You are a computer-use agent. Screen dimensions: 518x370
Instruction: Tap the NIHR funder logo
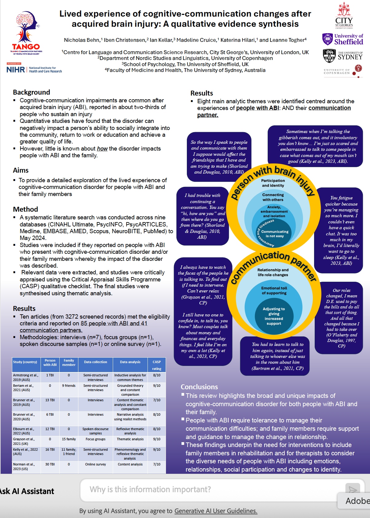pyautogui.click(x=34, y=69)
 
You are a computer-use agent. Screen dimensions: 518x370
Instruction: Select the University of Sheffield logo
pyautogui.click(x=343, y=39)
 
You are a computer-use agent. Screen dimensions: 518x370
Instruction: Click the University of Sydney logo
pyautogui.click(x=343, y=56)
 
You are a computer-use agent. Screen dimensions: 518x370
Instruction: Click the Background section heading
pyautogui.click(x=31, y=92)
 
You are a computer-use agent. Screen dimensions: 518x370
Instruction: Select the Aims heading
pyautogui.click(x=21, y=170)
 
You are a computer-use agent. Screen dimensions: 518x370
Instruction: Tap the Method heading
pyautogui.click(x=26, y=209)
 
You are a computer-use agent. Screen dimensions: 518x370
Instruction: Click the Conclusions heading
pyautogui.click(x=199, y=387)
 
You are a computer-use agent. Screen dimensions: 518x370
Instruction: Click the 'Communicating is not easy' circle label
pyautogui.click(x=275, y=234)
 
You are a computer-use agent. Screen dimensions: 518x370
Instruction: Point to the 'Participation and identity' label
pyautogui.click(x=273, y=183)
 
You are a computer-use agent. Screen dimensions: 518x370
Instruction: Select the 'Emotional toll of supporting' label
pyautogui.click(x=274, y=290)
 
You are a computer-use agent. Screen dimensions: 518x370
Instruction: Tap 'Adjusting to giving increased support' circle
pyautogui.click(x=274, y=316)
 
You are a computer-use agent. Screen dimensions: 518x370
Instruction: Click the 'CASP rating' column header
pyautogui.click(x=157, y=365)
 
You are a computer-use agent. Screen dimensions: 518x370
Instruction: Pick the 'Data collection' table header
pyautogui.click(x=96, y=362)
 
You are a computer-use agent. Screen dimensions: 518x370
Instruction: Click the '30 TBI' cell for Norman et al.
pyautogui.click(x=50, y=464)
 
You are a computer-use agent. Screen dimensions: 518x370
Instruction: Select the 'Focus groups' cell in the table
pyautogui.click(x=96, y=439)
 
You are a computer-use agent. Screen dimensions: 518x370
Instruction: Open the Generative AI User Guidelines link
pyautogui.click(x=216, y=511)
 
